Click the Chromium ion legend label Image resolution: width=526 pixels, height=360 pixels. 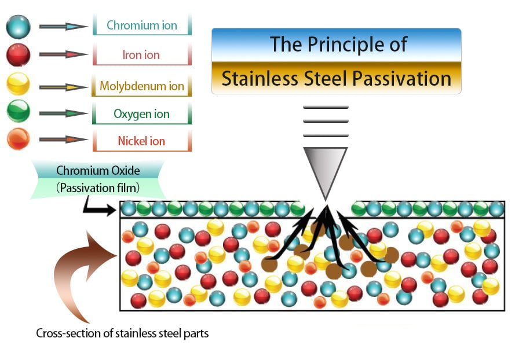[142, 25]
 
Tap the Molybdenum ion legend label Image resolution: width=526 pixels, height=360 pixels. [142, 86]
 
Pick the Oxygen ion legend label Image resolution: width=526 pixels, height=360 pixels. [142, 113]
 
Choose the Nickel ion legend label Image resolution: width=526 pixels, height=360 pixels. [141, 141]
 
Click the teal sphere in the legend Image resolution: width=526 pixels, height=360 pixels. [18, 27]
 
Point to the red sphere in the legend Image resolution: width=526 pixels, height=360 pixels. [18, 55]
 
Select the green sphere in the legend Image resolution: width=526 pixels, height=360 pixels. [18, 112]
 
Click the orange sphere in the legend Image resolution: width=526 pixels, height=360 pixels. [18, 139]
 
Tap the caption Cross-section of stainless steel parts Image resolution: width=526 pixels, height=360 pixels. [122, 333]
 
